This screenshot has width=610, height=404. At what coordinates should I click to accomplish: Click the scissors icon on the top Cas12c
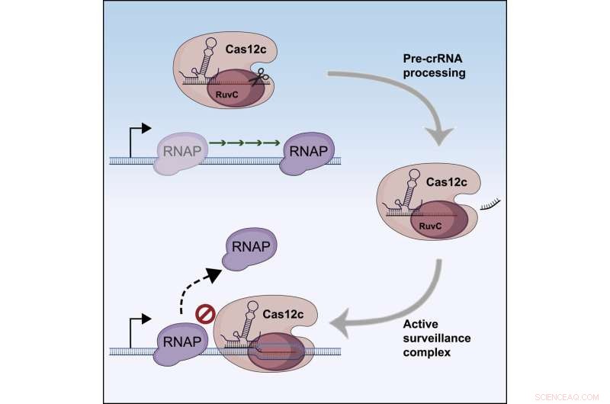coord(262,77)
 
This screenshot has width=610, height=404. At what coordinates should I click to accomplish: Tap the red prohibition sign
coord(204,313)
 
